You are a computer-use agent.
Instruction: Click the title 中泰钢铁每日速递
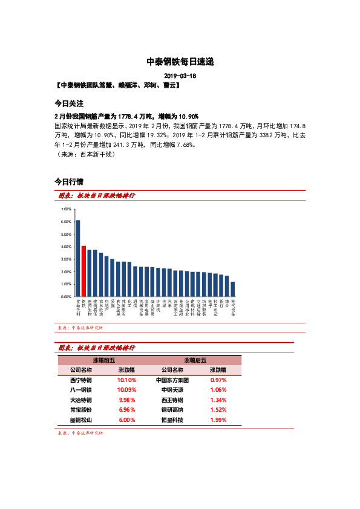click(180, 62)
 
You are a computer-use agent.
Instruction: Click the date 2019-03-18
click(180, 76)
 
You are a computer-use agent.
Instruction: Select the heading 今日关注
click(69, 103)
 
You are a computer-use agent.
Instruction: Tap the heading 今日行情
click(69, 181)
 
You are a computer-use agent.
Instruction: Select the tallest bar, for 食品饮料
click(78, 258)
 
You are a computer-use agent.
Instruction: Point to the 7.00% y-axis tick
click(67, 209)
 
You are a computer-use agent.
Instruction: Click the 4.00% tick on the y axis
click(67, 247)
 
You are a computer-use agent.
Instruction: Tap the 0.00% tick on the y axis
click(67, 297)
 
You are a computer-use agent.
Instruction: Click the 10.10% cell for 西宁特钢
click(126, 380)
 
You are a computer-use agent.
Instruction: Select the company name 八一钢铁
click(81, 390)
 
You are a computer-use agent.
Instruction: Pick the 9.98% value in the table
click(126, 400)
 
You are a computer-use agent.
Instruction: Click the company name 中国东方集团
click(172, 380)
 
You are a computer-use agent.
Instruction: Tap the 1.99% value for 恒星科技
click(218, 420)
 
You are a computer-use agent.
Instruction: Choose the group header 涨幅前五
click(103, 360)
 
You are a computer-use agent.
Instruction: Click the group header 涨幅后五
click(195, 360)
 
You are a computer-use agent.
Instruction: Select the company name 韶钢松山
click(81, 420)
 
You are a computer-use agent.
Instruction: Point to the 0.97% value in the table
click(218, 380)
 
